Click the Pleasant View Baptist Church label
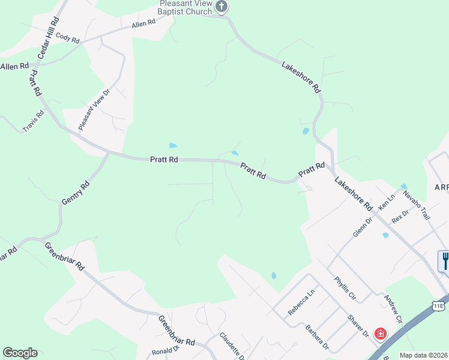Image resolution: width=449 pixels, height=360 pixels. tap(185, 8)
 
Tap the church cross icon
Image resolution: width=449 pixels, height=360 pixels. tap(222, 7)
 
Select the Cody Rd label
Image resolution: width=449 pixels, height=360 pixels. tap(68, 37)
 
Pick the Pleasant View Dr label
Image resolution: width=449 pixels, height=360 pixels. tap(95, 110)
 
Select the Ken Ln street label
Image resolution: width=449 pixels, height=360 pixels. tap(387, 201)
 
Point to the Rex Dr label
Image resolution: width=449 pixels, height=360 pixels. tap(400, 217)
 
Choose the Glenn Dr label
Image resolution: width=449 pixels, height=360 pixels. tap(363, 227)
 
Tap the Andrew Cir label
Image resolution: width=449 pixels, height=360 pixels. tap(393, 307)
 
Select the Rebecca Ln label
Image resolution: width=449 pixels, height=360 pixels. tap(301, 302)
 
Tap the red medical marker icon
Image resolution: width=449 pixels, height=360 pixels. tap(380, 333)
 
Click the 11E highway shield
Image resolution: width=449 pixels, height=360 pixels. tap(439, 306)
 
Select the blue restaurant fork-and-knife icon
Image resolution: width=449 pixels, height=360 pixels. tap(444, 260)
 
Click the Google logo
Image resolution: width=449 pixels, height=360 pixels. tap(20, 353)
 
